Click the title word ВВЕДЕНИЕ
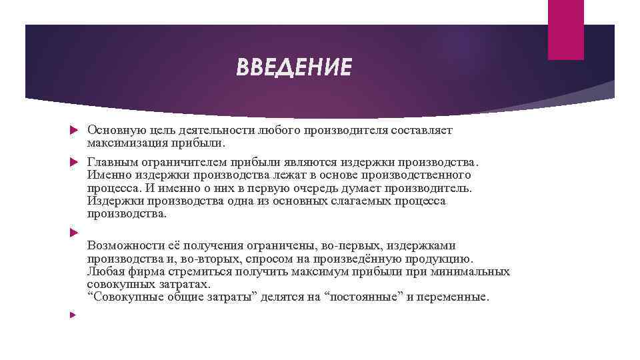(293, 67)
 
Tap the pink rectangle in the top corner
(565, 29)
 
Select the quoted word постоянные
(362, 297)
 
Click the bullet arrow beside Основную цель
(75, 131)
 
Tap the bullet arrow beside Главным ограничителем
(75, 163)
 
